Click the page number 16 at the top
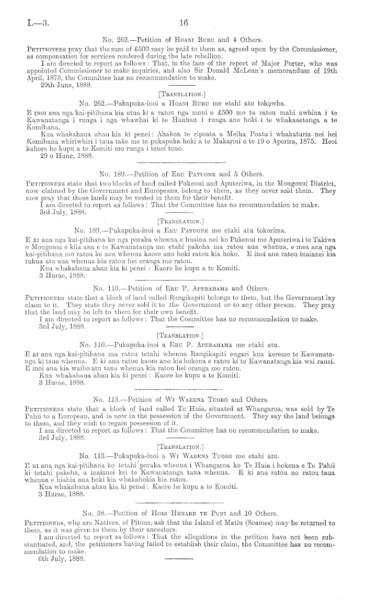pos(183,22)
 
